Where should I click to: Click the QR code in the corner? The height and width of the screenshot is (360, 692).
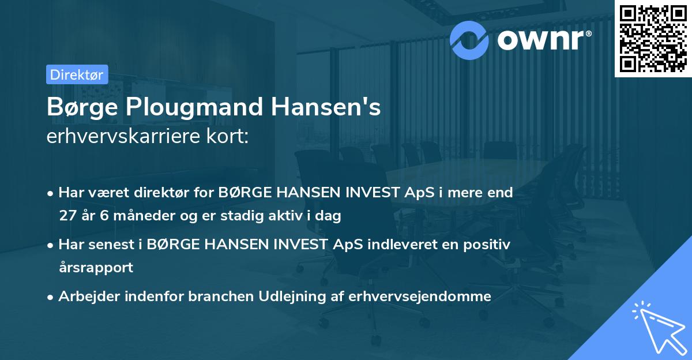pos(652,38)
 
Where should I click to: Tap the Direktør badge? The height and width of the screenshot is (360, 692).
pos(77,74)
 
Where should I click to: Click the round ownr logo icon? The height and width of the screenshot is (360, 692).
pos(469,39)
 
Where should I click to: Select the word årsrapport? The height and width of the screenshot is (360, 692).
pos(96,268)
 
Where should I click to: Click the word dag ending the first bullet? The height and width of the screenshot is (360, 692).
pos(329,216)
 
